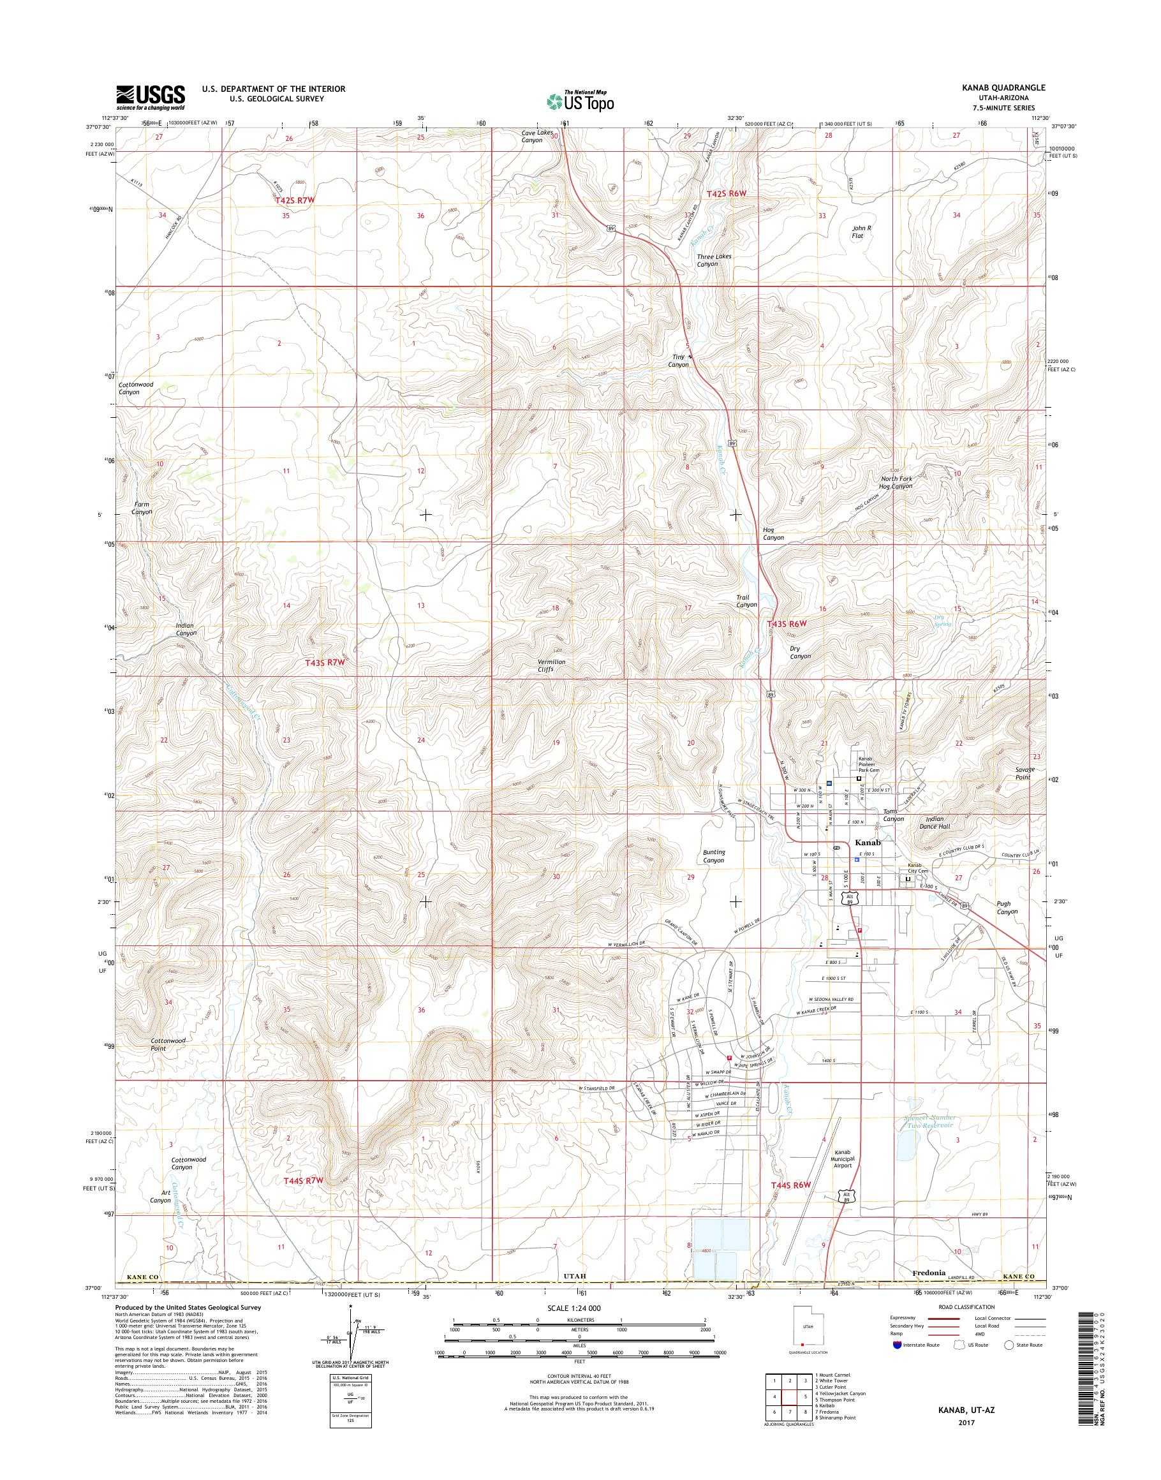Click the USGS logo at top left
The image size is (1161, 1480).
point(150,96)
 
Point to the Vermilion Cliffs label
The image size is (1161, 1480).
point(551,665)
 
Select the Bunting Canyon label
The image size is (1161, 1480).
point(714,856)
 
